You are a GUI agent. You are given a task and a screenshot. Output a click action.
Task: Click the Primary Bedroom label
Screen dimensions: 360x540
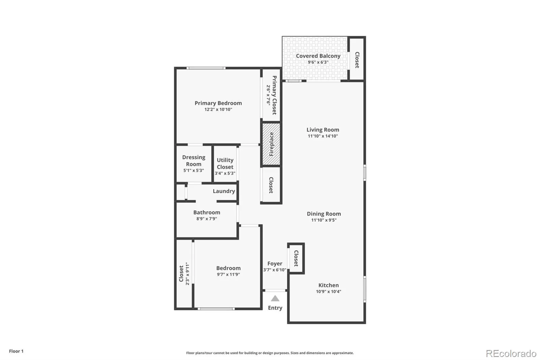[218, 103]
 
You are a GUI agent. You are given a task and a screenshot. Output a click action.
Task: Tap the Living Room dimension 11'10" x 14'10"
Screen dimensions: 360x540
[323, 136]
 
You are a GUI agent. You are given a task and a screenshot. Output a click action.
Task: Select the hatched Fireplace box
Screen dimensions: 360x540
[271, 144]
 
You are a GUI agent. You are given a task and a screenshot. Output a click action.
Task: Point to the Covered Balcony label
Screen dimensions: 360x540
[318, 56]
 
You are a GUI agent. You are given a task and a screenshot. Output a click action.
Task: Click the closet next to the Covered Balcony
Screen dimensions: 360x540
[357, 59]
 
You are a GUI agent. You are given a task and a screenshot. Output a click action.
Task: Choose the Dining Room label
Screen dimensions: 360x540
[324, 214]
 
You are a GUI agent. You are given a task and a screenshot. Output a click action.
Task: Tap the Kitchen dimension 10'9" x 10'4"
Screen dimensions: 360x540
[328, 291]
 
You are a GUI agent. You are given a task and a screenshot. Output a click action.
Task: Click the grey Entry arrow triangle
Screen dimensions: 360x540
[275, 298]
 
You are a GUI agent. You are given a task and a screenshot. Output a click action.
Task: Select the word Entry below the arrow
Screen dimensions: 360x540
[275, 308]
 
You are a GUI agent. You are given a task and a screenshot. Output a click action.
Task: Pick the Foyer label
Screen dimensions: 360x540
[275, 263]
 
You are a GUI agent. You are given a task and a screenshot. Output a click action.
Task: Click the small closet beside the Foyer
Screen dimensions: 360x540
[296, 258]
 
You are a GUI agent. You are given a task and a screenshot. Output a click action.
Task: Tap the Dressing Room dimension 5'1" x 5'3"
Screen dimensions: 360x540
[193, 171]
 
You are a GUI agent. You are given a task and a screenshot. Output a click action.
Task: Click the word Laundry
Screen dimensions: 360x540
[224, 191]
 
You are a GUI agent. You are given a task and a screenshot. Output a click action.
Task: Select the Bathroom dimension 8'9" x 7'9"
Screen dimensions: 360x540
[207, 219]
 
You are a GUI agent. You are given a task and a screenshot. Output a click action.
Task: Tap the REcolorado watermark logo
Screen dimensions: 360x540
[511, 353]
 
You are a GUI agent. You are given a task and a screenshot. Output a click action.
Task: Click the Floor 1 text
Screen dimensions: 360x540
[16, 351]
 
